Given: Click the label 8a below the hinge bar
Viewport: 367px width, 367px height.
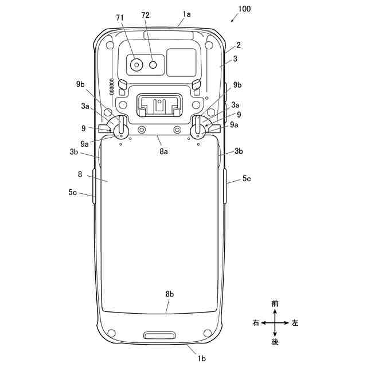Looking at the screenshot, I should tap(163, 151).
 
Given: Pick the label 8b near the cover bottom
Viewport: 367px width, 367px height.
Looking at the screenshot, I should tap(170, 294).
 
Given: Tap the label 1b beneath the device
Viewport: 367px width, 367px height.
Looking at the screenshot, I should tap(202, 358).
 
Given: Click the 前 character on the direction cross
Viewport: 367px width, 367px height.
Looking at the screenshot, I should tap(275, 303).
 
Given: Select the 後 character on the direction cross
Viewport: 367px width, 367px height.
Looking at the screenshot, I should tap(275, 342).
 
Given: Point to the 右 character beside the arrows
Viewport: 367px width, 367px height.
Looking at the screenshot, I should tap(256, 323).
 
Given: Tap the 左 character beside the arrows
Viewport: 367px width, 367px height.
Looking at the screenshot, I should tap(295, 323).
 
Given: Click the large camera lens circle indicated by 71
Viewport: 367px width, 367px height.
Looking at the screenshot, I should tap(136, 65).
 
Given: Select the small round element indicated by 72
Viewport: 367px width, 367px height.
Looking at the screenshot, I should tap(153, 65).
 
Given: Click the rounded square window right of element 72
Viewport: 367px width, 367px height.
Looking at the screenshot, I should tap(181, 62).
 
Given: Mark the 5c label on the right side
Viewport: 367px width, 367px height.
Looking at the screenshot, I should tap(246, 179).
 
